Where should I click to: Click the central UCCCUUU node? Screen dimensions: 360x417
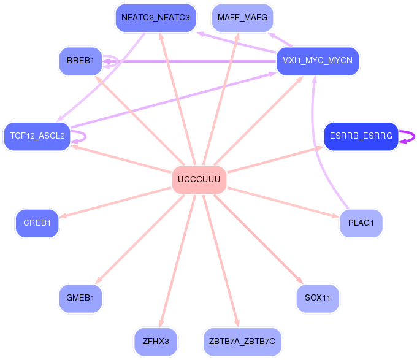point(199,180)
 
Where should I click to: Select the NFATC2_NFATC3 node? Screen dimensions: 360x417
point(156,18)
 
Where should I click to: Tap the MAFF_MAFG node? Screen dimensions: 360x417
point(242,18)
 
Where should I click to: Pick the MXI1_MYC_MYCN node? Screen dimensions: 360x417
point(317,61)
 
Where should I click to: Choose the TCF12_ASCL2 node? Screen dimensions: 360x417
point(37,136)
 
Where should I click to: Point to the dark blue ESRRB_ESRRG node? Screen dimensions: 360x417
point(361,136)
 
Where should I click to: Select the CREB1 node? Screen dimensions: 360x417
point(37,223)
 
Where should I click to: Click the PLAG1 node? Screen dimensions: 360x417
point(361,223)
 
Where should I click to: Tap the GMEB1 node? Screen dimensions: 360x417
point(80,298)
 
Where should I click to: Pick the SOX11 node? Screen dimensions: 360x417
point(318,298)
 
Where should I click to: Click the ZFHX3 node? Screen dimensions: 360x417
point(156,342)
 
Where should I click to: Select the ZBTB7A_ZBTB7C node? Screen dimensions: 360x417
point(242,342)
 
